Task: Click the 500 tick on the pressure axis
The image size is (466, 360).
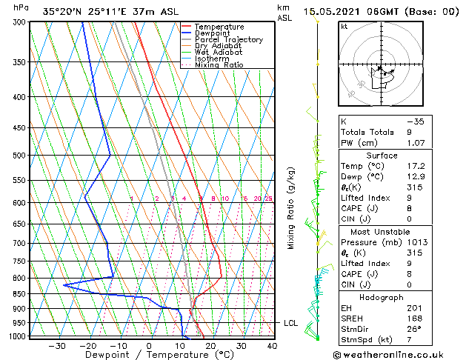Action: pos(20,156)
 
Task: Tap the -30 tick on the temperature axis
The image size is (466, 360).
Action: pos(57,346)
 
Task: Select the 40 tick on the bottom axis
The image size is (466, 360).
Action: pos(272,346)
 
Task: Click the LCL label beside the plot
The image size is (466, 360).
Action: pos(290,323)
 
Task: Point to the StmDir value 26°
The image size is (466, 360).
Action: pos(413,329)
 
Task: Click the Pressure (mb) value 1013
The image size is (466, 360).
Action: pos(417,242)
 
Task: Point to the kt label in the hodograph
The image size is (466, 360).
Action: pos(344,26)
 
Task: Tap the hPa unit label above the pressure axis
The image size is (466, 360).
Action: pos(21,7)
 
